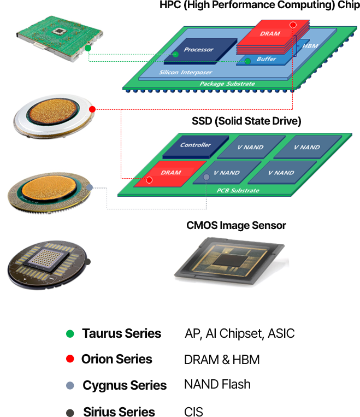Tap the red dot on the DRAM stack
pos(293,25)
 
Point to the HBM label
pos(310,46)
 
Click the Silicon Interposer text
pos(178,72)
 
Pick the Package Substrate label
pos(227,84)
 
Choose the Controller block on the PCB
pos(196,145)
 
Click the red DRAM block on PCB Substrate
pos(170,173)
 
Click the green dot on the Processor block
pos(175,54)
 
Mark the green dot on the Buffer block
pos(247,61)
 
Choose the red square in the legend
pos(70,359)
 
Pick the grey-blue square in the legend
pos(70,385)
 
